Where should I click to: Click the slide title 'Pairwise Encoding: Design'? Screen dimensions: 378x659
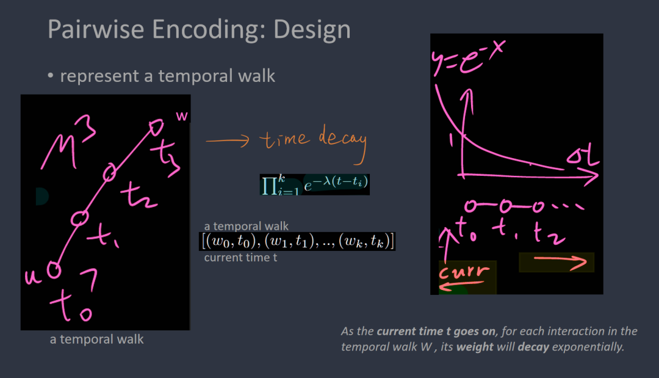coord(199,29)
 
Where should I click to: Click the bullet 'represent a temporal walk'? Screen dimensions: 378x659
coord(167,76)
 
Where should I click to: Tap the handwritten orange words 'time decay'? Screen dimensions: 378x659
coord(313,141)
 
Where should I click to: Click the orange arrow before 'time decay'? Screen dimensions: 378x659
coord(227,140)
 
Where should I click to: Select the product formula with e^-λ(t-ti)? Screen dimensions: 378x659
coord(315,184)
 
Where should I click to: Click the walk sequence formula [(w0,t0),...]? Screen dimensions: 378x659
coord(298,241)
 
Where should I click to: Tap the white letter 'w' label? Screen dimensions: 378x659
coord(182,115)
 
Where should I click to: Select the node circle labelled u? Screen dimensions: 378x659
coord(54,269)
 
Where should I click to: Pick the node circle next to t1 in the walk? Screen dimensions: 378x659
coord(80,218)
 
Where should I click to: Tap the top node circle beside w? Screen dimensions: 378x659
coord(156,127)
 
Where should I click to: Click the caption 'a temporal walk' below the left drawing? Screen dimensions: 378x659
coord(96,339)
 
